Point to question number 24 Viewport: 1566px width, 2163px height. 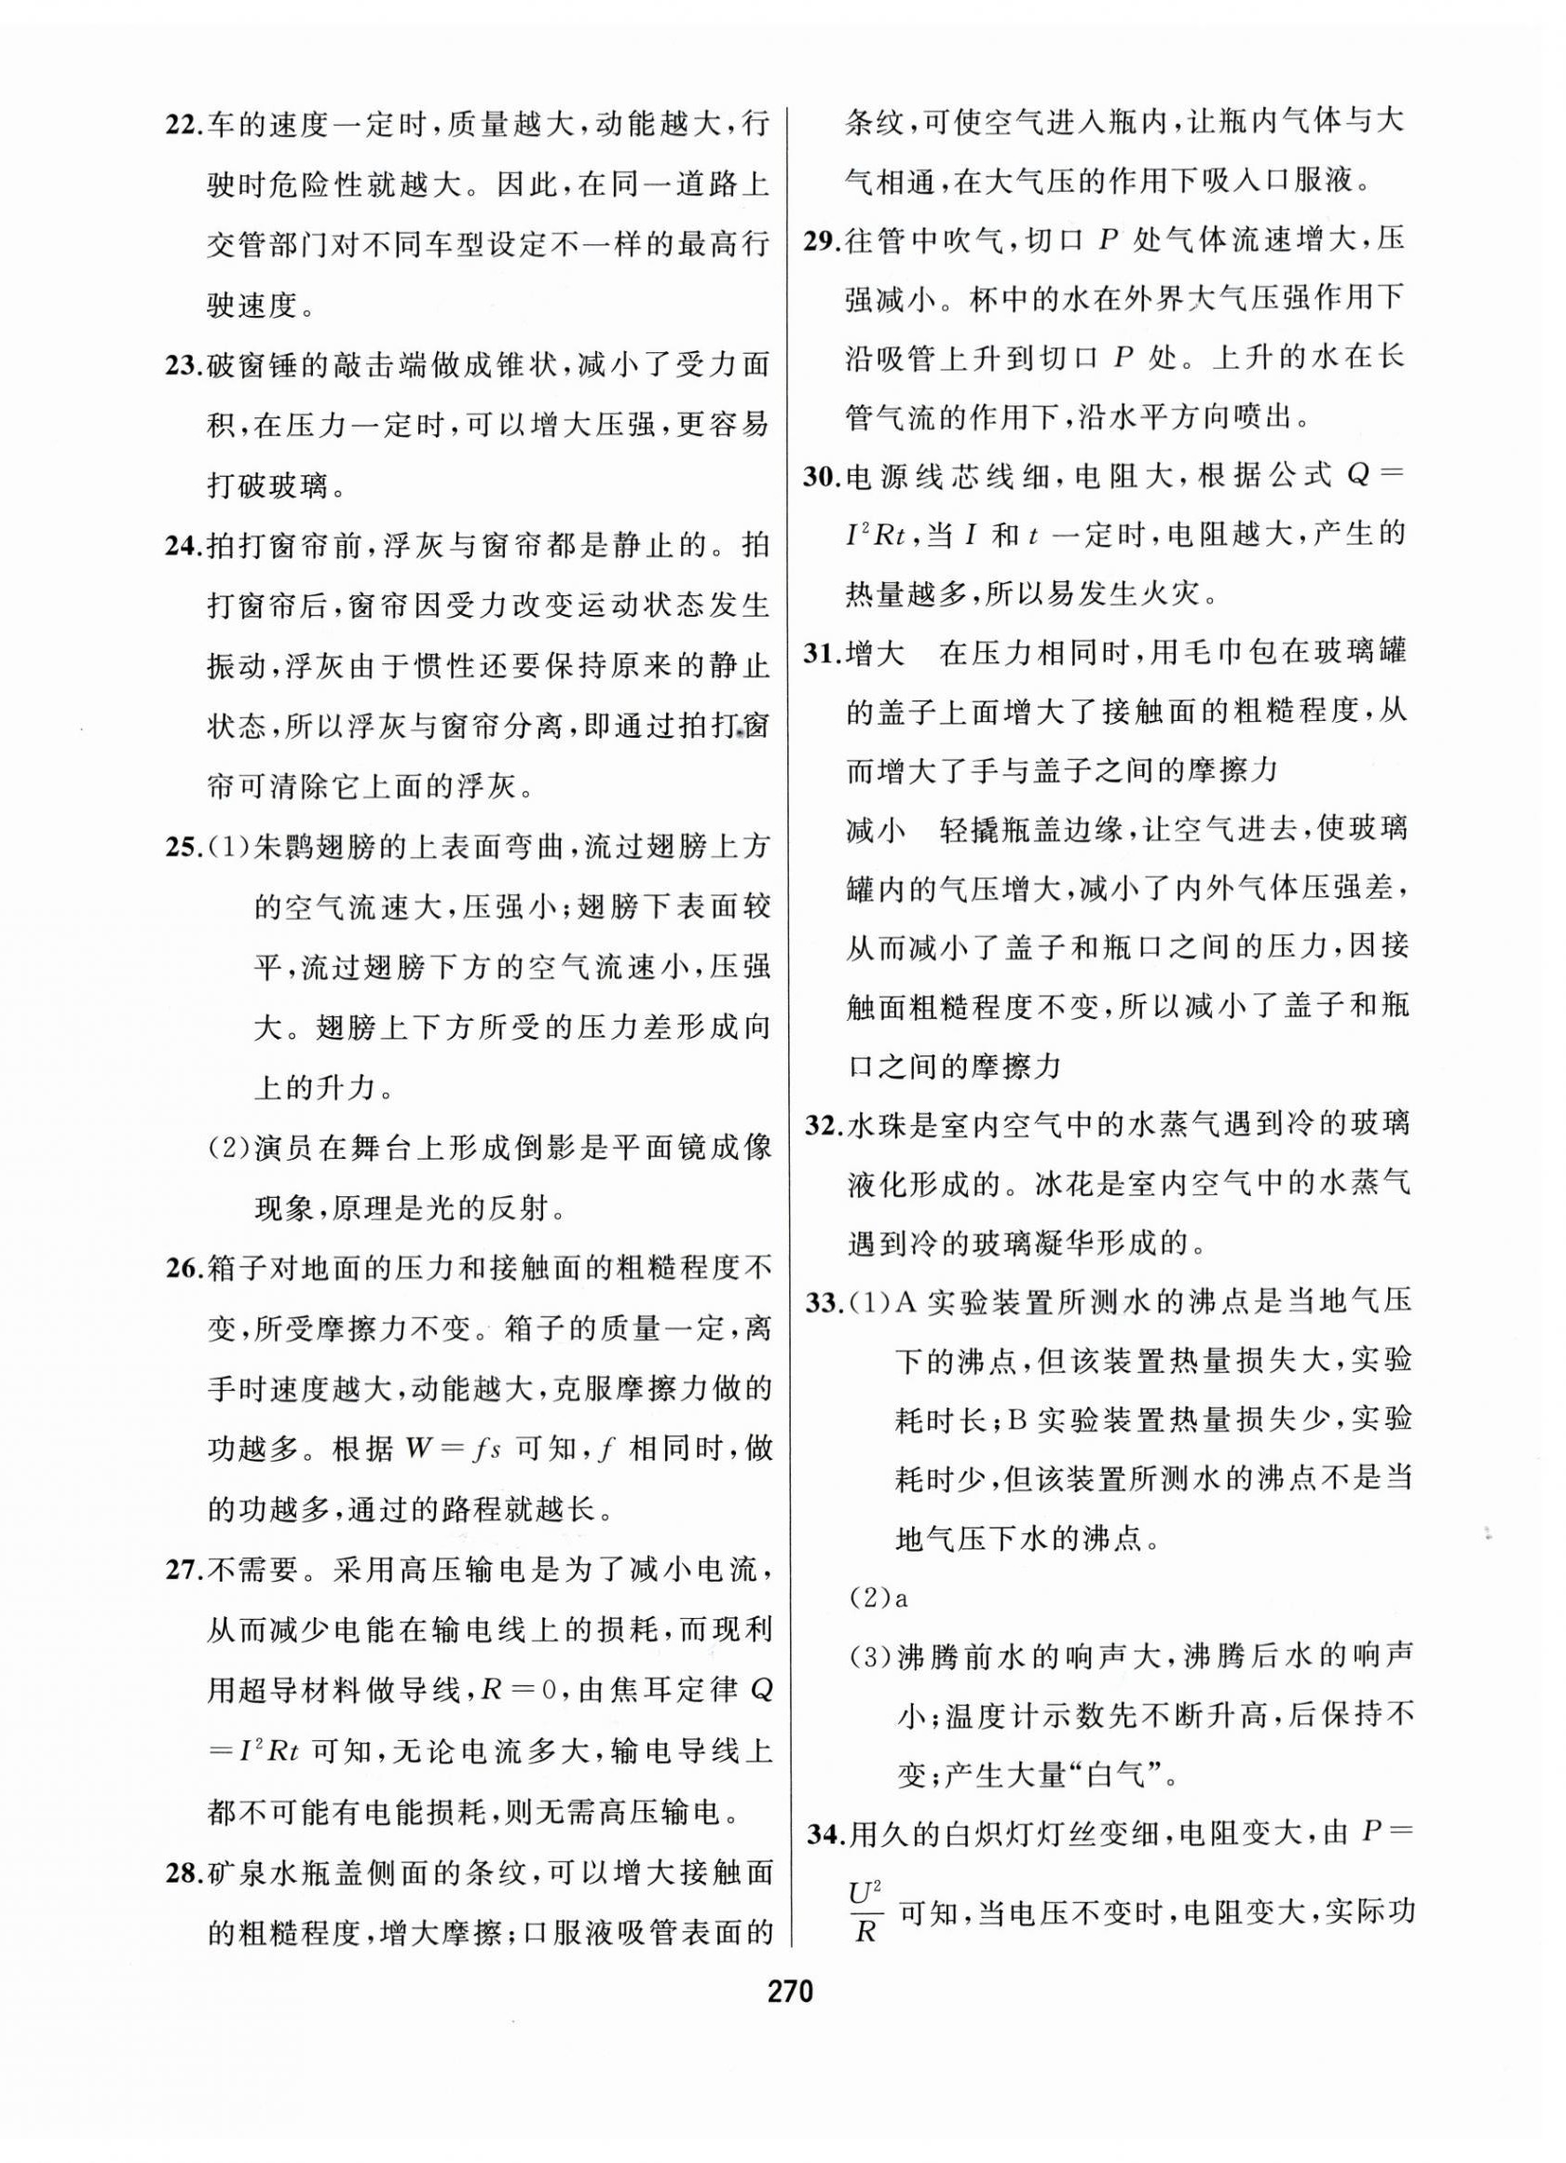[x=182, y=547]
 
